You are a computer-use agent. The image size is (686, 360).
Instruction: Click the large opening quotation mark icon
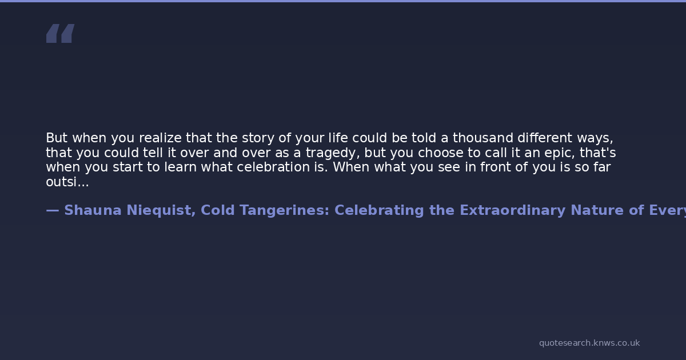pyautogui.click(x=61, y=33)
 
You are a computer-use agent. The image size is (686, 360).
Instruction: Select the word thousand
pyautogui.click(x=483, y=138)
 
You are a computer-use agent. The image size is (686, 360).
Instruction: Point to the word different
pyautogui.click(x=545, y=138)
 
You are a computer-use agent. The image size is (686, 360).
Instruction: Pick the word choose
pyautogui.click(x=440, y=153)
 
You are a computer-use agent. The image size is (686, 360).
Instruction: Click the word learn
pyautogui.click(x=181, y=167)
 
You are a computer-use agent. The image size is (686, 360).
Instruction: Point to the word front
pyautogui.click(x=495, y=167)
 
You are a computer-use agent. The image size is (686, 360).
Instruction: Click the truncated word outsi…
pyautogui.click(x=67, y=182)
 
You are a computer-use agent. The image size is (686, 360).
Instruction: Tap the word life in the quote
pyautogui.click(x=338, y=138)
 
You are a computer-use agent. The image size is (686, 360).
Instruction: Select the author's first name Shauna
pyautogui.click(x=93, y=210)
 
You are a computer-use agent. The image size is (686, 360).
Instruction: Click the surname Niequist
pyautogui.click(x=161, y=211)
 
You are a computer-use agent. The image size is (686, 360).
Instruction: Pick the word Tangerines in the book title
pyautogui.click(x=285, y=211)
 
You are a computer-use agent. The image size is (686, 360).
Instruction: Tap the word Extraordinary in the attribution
pyautogui.click(x=513, y=211)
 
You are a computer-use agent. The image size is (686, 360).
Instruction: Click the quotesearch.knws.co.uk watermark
pyautogui.click(x=589, y=343)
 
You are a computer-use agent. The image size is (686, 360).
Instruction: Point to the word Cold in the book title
pyautogui.click(x=218, y=210)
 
